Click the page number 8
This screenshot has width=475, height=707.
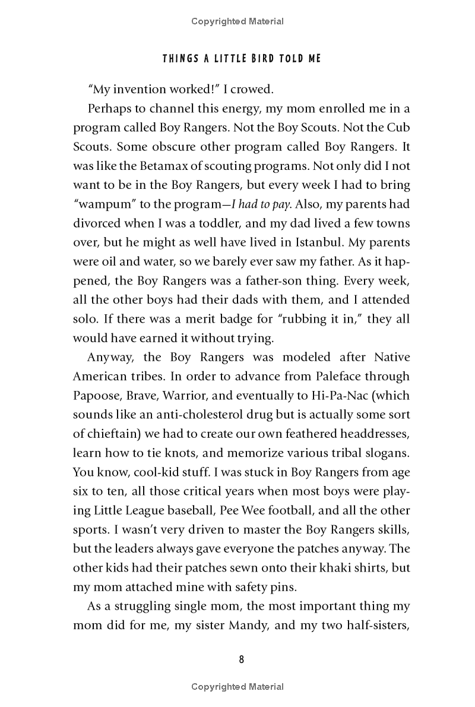[237, 659]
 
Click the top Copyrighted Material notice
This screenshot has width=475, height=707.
[237, 22]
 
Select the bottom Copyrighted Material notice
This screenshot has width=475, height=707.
[237, 687]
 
